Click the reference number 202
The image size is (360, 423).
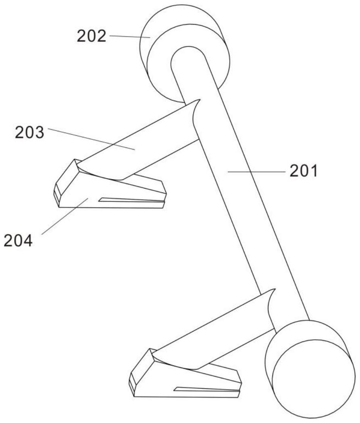tap(92, 36)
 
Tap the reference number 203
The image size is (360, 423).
tap(29, 133)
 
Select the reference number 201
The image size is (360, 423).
tap(304, 171)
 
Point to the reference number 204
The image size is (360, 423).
tap(18, 241)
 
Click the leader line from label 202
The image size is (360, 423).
tap(130, 37)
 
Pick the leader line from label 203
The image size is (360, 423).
tap(92, 139)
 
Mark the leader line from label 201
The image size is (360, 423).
tap(256, 171)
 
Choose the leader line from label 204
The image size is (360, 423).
tap(65, 216)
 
